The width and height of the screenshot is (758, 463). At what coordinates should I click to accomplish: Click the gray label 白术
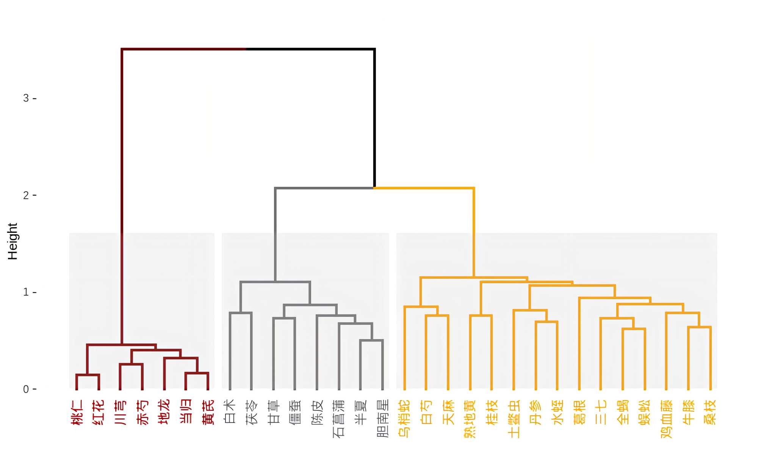(230, 411)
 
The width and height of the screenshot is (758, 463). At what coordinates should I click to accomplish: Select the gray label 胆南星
(383, 418)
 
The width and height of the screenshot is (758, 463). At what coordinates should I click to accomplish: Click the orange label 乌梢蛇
(404, 418)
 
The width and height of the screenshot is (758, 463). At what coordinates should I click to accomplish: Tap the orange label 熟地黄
(470, 418)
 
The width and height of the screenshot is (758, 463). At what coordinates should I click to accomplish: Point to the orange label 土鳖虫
(514, 418)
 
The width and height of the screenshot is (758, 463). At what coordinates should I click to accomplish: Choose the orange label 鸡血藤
(666, 418)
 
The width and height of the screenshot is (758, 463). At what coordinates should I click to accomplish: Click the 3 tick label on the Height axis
(26, 98)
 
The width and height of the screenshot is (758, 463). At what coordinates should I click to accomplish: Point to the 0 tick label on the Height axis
(26, 389)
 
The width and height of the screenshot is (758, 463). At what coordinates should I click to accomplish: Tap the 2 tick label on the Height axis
(26, 195)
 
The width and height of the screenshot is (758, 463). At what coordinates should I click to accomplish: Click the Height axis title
(13, 241)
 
